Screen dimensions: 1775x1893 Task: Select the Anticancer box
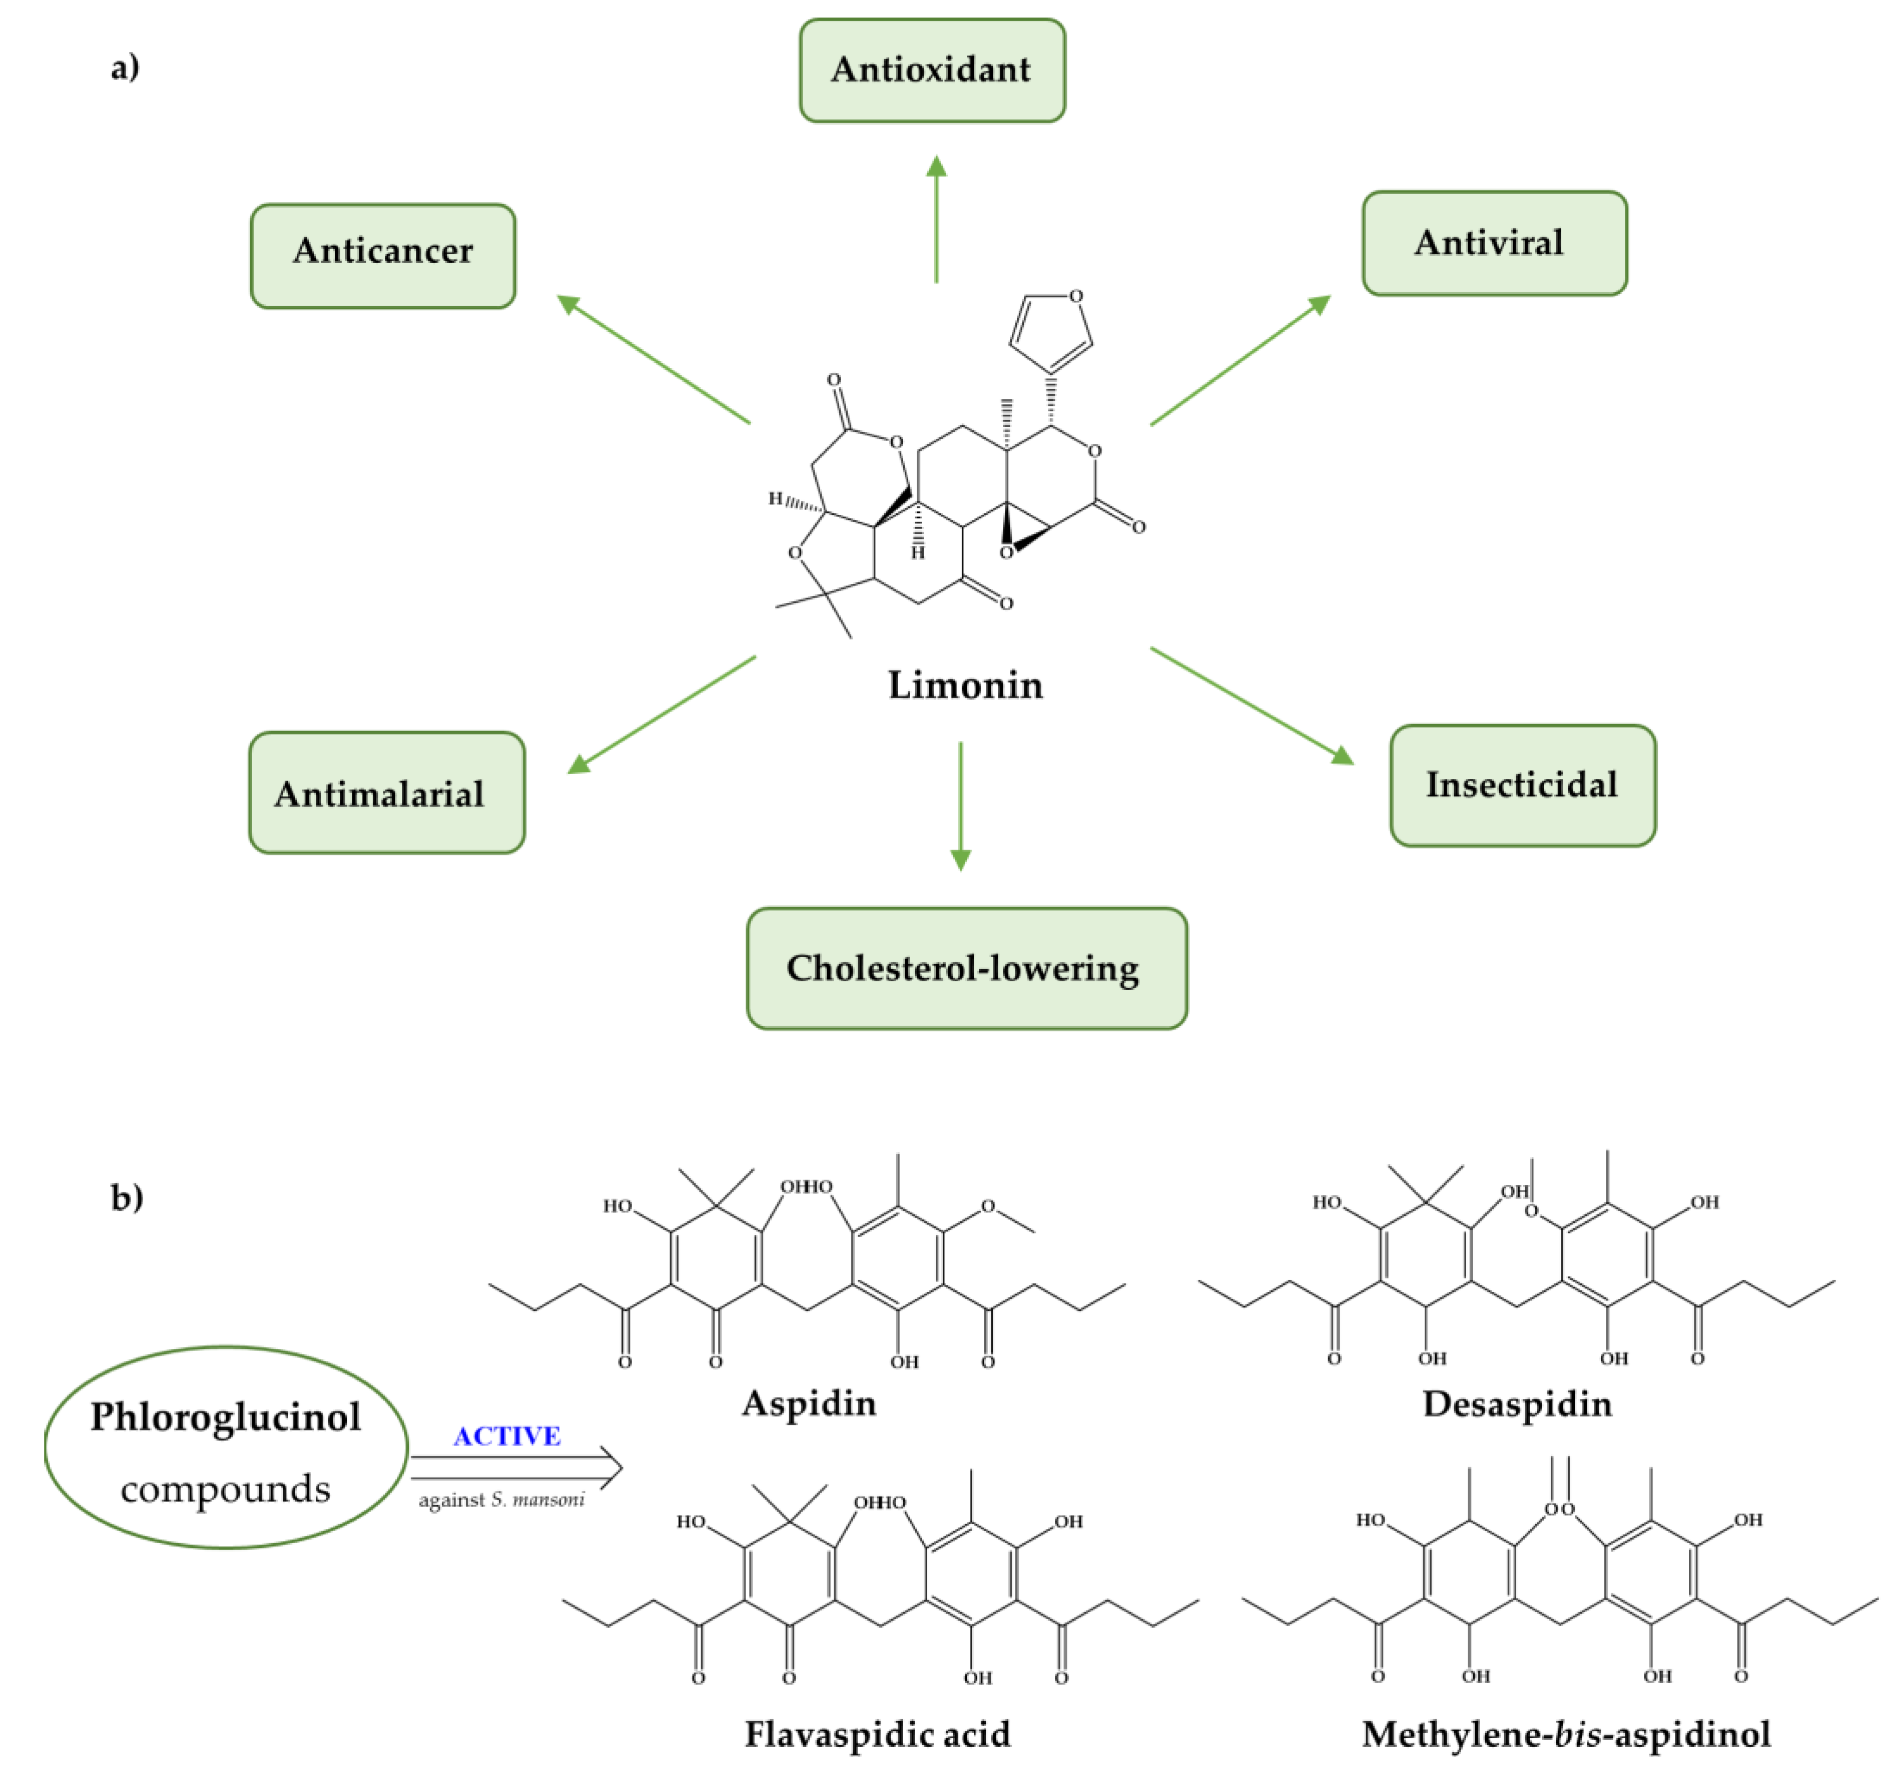(x=383, y=255)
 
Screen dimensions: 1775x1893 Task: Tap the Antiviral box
(x=1494, y=243)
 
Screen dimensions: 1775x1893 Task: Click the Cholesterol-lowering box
(x=966, y=967)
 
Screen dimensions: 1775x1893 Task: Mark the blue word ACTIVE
(x=507, y=1436)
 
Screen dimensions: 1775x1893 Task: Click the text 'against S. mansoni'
(x=502, y=1500)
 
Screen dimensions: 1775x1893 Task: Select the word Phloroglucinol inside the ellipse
(x=225, y=1417)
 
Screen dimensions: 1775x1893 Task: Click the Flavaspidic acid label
(x=877, y=1733)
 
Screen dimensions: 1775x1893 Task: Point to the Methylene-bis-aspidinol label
(x=1566, y=1733)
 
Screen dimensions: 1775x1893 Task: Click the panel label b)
(x=127, y=1197)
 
